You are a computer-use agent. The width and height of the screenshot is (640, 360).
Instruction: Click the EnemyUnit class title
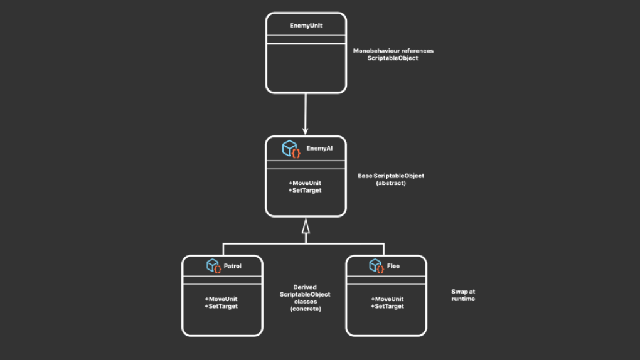click(x=306, y=26)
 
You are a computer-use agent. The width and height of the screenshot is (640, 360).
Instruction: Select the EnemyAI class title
click(x=319, y=148)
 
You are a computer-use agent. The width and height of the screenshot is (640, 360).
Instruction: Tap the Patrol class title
click(x=232, y=266)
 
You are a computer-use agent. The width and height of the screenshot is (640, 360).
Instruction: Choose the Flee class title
click(x=393, y=266)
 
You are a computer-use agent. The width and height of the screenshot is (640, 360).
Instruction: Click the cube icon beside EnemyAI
click(x=291, y=149)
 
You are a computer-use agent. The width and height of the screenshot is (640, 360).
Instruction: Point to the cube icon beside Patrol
click(x=214, y=266)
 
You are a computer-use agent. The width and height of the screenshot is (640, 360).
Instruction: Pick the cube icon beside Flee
click(x=376, y=266)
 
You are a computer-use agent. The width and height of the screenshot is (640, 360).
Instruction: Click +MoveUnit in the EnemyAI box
click(x=305, y=183)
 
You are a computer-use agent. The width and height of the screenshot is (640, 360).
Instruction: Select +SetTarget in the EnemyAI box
click(x=305, y=191)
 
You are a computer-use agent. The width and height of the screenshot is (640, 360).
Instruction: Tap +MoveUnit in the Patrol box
click(x=221, y=299)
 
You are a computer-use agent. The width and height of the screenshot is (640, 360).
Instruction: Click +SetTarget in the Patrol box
click(x=221, y=307)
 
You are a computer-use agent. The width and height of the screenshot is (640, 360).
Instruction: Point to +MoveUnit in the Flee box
click(x=387, y=299)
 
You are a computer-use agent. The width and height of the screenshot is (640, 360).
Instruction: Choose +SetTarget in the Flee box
click(x=387, y=307)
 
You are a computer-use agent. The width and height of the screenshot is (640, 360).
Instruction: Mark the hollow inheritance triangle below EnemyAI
click(x=306, y=226)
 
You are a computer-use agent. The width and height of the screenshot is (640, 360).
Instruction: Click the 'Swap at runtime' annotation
click(x=463, y=295)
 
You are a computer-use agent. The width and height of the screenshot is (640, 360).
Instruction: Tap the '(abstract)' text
click(x=391, y=183)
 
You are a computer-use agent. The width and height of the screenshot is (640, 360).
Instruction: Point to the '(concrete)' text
click(x=306, y=309)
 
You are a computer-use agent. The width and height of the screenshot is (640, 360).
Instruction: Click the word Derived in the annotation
click(x=305, y=287)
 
